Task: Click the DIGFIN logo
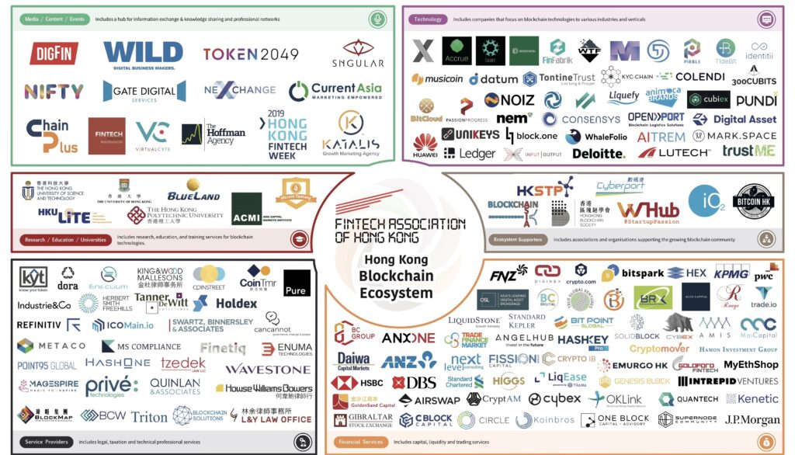click(54, 54)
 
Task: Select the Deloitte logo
click(599, 153)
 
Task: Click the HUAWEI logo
click(425, 146)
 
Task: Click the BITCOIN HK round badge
click(753, 201)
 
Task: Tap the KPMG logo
click(731, 273)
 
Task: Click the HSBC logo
click(356, 383)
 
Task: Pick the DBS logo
click(414, 383)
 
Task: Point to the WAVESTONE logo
click(268, 369)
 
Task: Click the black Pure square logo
click(297, 283)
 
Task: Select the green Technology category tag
click(429, 19)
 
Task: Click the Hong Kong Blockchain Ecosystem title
click(395, 276)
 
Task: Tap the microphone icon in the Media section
click(378, 19)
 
